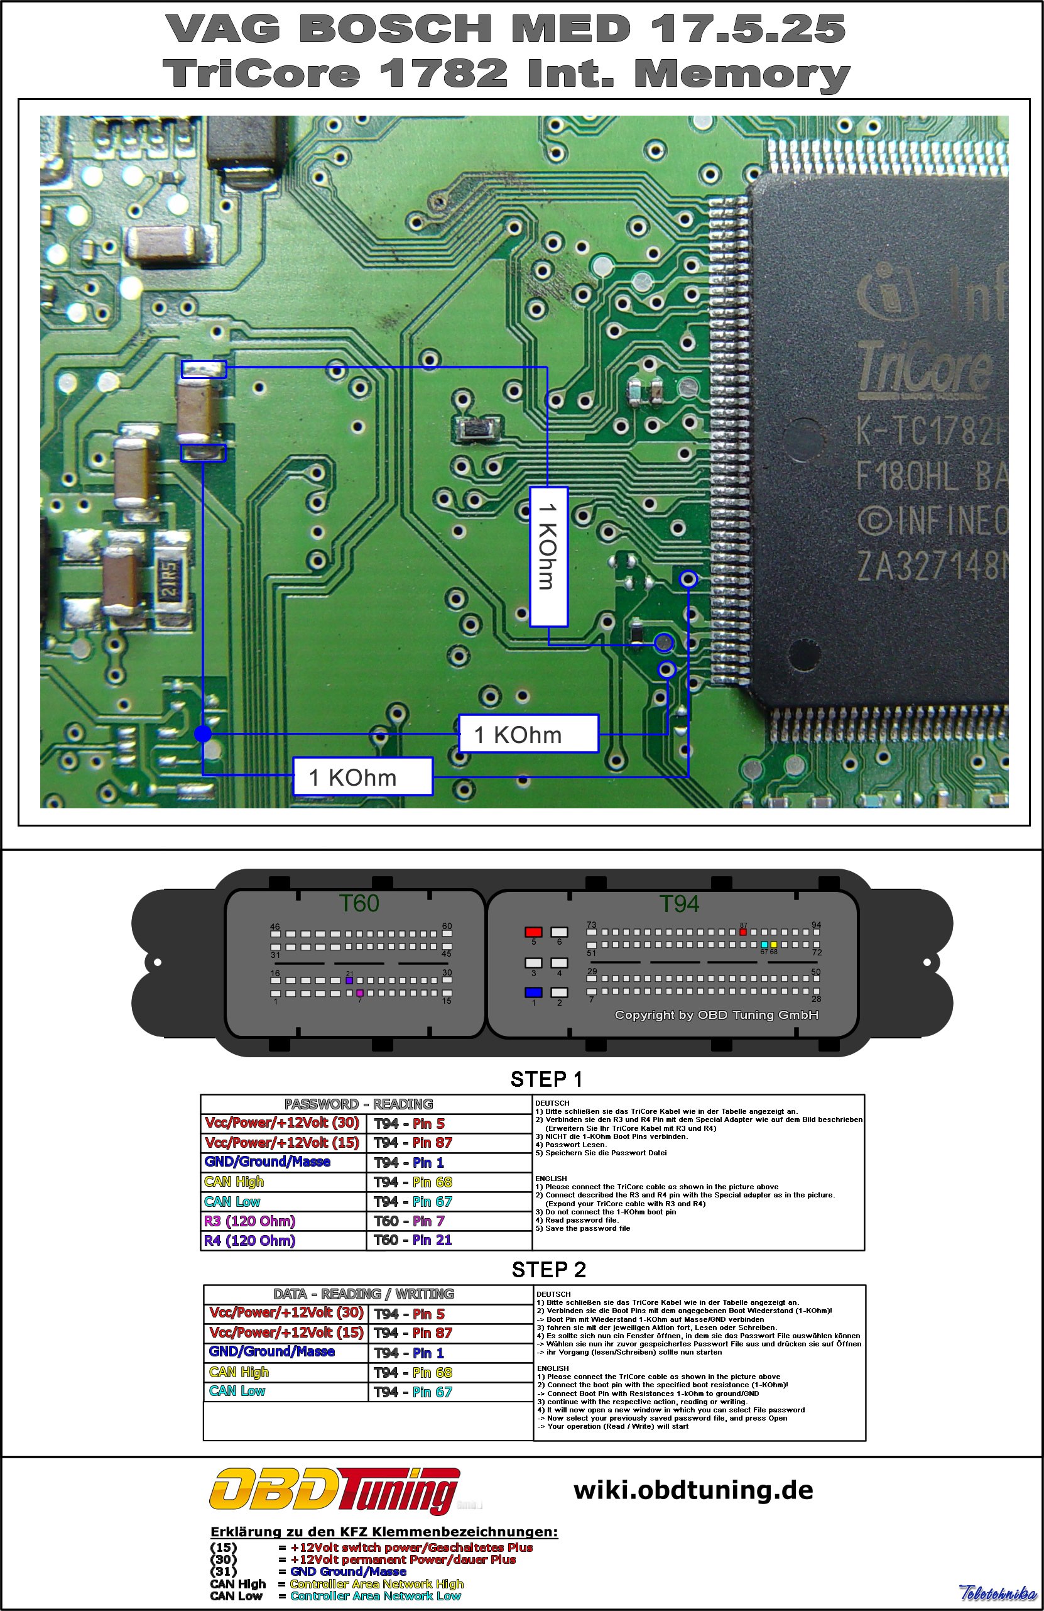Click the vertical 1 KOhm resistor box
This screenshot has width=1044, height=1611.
[548, 556]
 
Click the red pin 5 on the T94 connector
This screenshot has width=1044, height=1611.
[533, 932]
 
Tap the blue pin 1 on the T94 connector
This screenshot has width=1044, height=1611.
[533, 992]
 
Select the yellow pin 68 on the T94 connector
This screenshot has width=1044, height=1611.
[773, 944]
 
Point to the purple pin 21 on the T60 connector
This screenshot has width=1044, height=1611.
[349, 980]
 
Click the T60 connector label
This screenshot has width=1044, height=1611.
[359, 903]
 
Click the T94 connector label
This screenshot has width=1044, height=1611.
[678, 904]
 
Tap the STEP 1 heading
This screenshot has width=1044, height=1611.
[546, 1079]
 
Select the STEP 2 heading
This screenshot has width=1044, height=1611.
[548, 1270]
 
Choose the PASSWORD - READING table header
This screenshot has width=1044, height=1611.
[358, 1104]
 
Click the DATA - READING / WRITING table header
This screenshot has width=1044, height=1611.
[363, 1294]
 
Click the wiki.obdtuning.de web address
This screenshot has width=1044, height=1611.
[693, 1490]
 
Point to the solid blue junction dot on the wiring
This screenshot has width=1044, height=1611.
[202, 734]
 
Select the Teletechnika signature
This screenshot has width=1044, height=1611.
[997, 1593]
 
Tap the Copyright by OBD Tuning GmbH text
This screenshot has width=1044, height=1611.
[716, 1014]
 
